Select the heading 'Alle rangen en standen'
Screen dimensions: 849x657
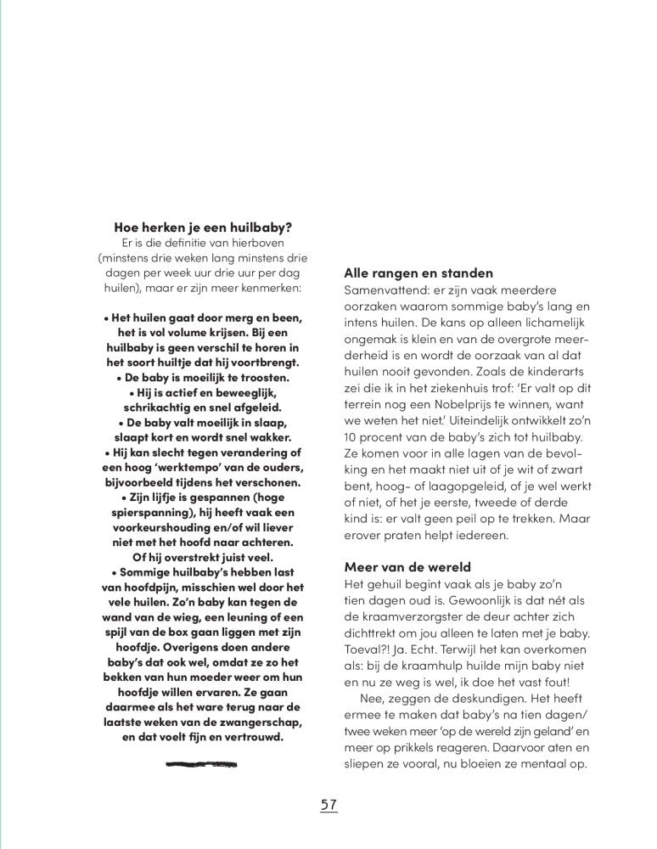click(x=418, y=273)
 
